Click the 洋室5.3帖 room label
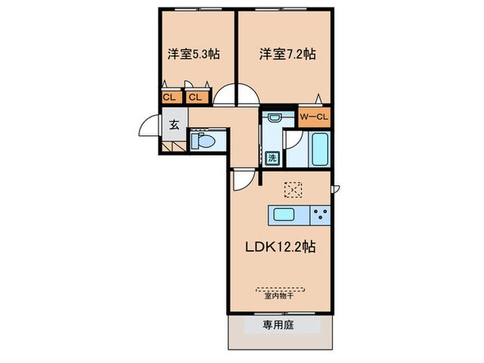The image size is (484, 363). click(x=193, y=53)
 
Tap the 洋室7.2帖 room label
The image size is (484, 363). click(x=287, y=53)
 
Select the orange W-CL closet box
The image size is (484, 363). click(x=313, y=118)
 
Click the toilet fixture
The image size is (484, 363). click(x=203, y=142)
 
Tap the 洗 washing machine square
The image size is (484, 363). click(x=272, y=158)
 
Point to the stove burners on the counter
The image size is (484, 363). click(x=319, y=214)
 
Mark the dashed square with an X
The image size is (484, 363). click(x=293, y=189)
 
